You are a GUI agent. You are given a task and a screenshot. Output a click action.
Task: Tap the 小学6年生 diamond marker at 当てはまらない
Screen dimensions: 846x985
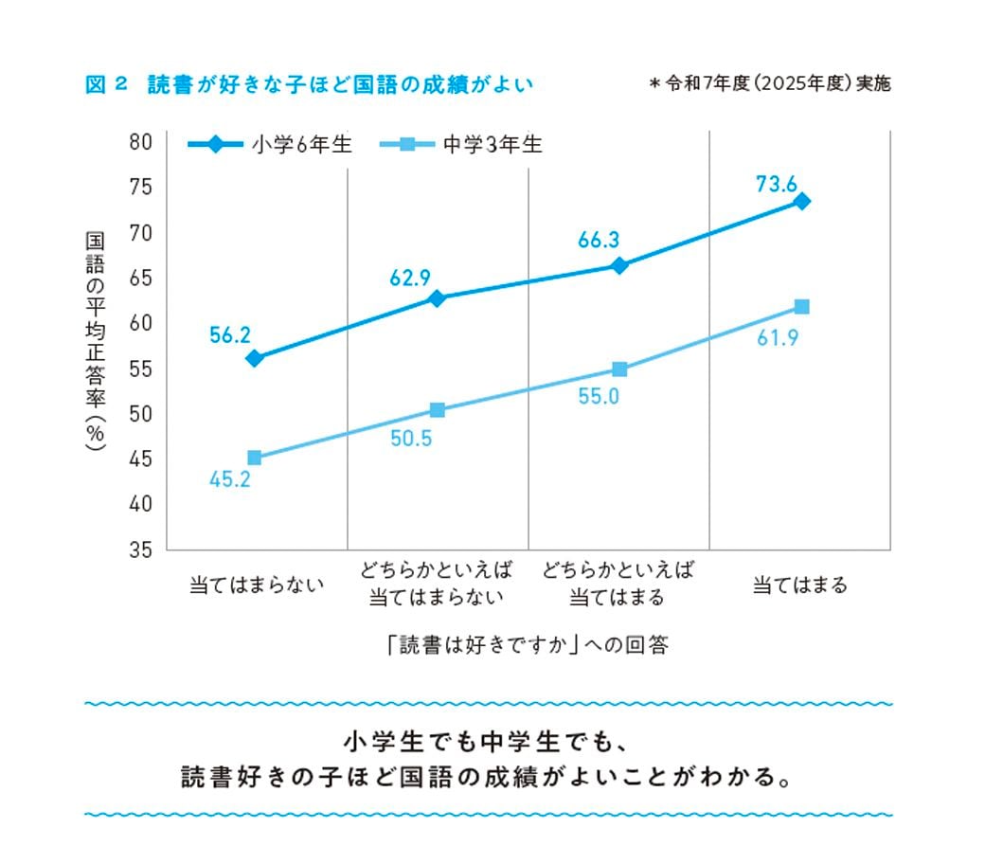point(254,358)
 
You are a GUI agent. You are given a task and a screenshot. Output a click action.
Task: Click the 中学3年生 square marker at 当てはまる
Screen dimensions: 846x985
point(802,306)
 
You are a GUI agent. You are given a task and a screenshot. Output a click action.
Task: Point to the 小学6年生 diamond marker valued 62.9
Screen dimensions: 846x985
point(437,298)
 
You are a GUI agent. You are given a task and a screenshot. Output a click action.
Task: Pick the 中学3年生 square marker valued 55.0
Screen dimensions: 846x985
point(619,369)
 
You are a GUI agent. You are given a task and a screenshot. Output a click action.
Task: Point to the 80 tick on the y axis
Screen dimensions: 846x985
point(141,142)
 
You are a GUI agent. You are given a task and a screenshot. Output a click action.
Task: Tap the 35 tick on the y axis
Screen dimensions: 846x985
point(141,549)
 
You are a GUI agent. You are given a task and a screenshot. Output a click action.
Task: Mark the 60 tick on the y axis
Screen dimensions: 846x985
point(141,323)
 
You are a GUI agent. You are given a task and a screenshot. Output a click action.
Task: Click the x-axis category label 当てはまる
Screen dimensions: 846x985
point(799,585)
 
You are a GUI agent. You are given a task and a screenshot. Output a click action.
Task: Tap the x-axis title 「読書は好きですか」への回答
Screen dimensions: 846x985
point(528,645)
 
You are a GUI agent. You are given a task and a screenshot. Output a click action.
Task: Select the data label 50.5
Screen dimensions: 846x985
point(411,439)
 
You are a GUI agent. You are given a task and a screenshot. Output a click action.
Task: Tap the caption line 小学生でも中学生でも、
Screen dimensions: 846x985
point(481,738)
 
